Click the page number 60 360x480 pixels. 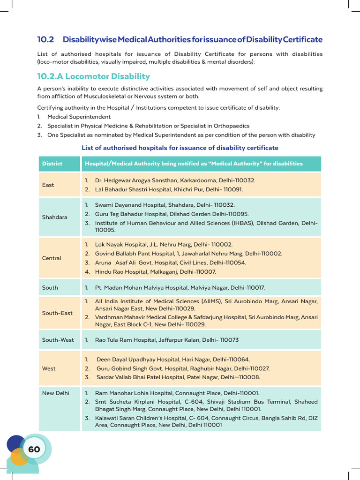coord(34,450)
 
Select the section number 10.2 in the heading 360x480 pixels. coord(46,39)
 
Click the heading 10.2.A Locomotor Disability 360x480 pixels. coord(93,76)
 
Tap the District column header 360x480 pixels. coord(52,164)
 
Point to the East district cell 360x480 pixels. coord(48,185)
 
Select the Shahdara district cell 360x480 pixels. coord(54,217)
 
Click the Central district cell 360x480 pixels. coord(52,258)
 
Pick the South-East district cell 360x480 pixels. coord(57,313)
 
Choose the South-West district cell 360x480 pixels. coord(58,340)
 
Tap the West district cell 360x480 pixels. coord(49,368)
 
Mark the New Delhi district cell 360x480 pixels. coord(55,393)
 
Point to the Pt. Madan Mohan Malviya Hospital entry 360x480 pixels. coord(180,287)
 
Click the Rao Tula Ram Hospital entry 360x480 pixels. coord(166,340)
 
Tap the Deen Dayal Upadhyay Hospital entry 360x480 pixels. coord(173,360)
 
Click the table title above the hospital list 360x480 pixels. coord(180,148)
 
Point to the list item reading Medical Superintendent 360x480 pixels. coord(79,117)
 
